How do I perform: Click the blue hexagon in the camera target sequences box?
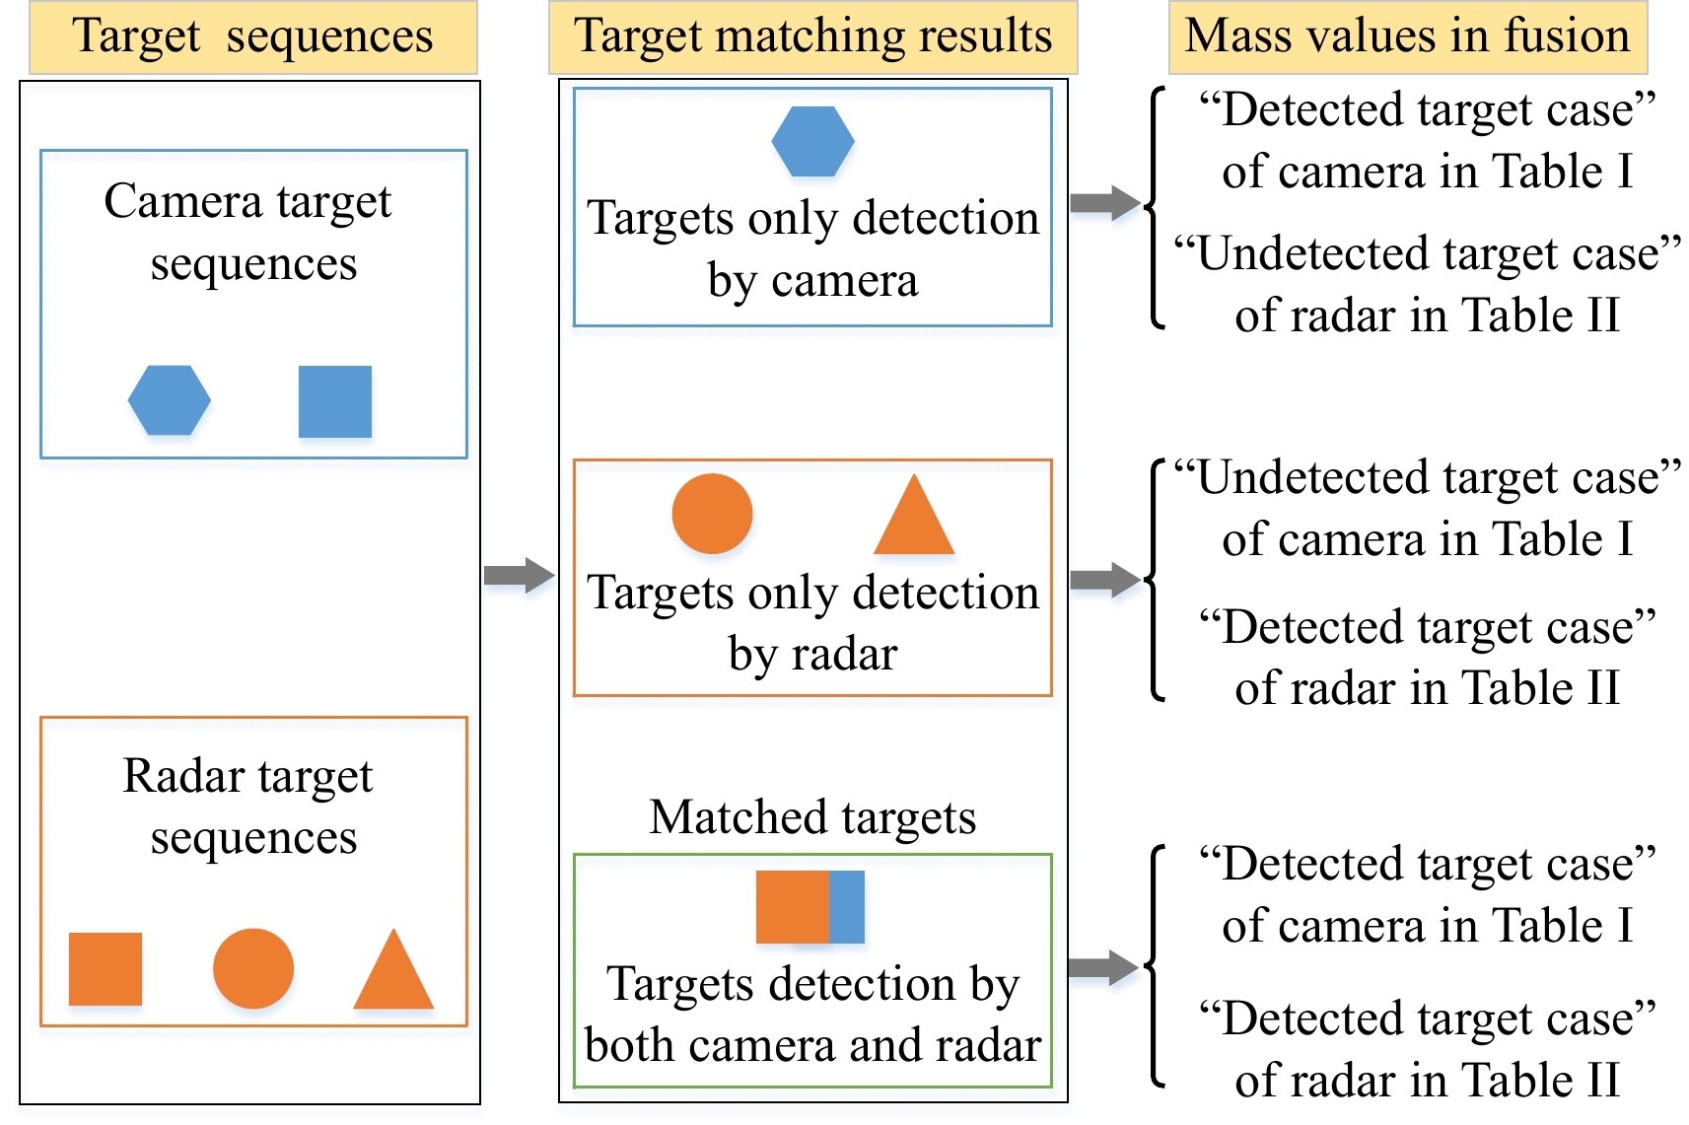tap(170, 400)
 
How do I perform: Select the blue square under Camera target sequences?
tap(335, 401)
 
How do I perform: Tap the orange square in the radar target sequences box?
tap(106, 969)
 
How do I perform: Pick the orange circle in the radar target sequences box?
tap(253, 968)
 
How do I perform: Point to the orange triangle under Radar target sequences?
tap(393, 974)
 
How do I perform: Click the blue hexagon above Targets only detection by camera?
tap(812, 141)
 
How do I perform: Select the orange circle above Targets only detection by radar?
tap(712, 514)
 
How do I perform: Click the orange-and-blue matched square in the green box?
tap(810, 907)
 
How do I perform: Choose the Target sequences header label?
tap(253, 36)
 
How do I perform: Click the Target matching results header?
tap(813, 36)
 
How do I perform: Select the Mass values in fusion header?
tap(1408, 36)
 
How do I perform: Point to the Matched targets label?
tap(812, 817)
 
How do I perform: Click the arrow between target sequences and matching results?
tap(520, 575)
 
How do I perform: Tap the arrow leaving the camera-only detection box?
tap(1105, 203)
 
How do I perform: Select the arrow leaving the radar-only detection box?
tap(1105, 579)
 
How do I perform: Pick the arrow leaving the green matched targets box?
tap(1103, 967)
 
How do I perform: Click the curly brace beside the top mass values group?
tap(1154, 207)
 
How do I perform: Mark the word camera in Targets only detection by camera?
tap(845, 281)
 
